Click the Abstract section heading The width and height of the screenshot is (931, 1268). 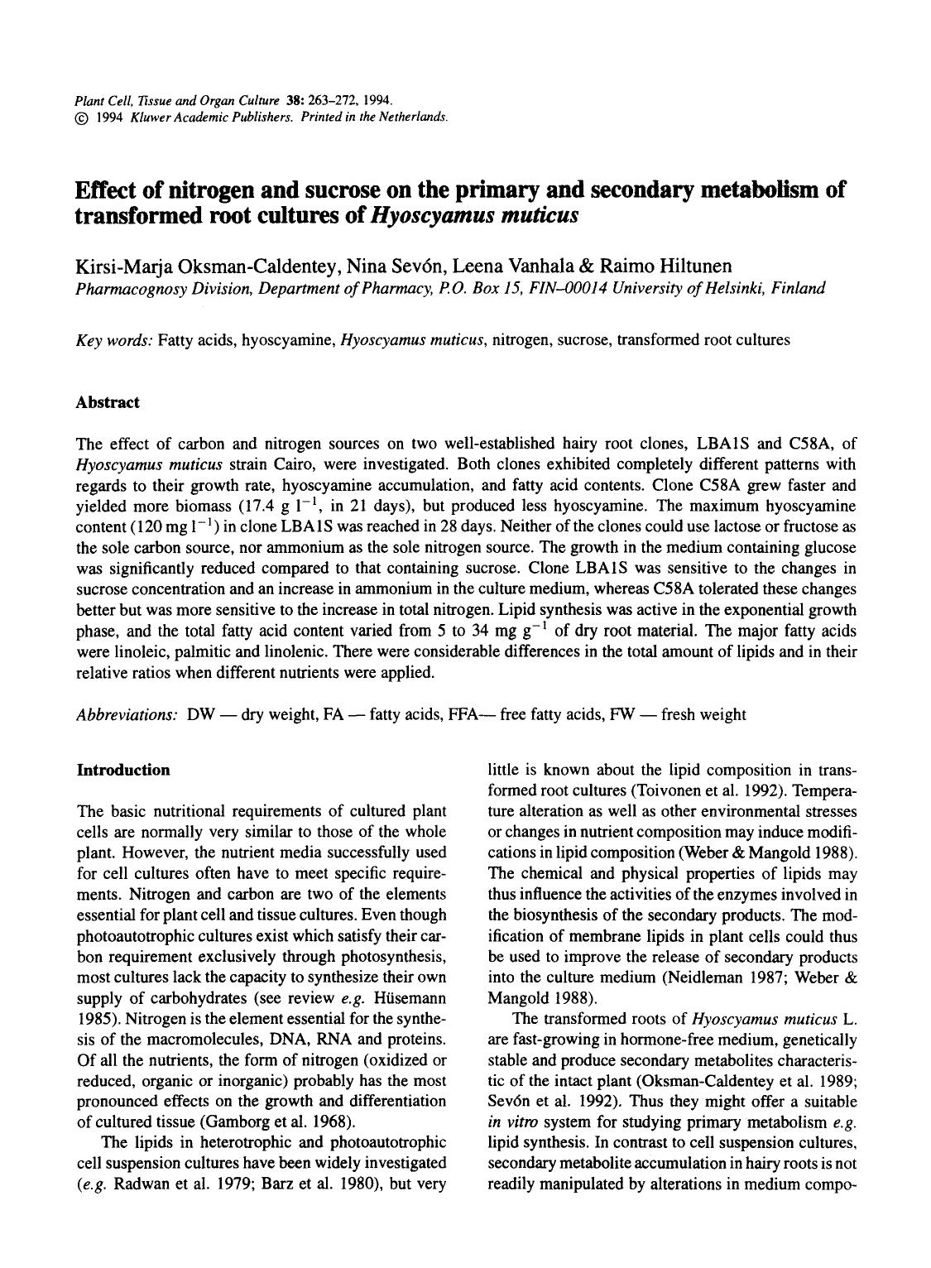[x=108, y=402]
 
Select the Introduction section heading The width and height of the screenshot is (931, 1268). [x=122, y=770]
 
